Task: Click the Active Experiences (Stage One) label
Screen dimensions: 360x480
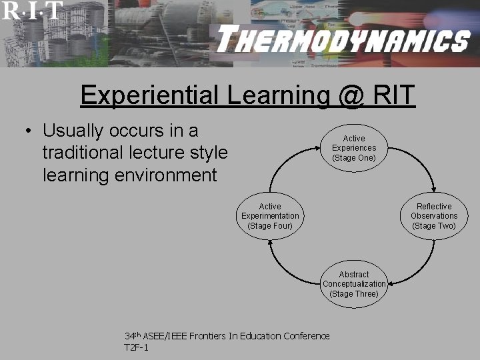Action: click(353, 148)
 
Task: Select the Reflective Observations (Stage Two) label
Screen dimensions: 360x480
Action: click(434, 216)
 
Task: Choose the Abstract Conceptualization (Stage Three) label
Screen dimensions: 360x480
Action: click(353, 284)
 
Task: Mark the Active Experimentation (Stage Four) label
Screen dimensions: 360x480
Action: click(270, 216)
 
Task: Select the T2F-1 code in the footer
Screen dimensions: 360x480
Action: click(137, 348)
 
